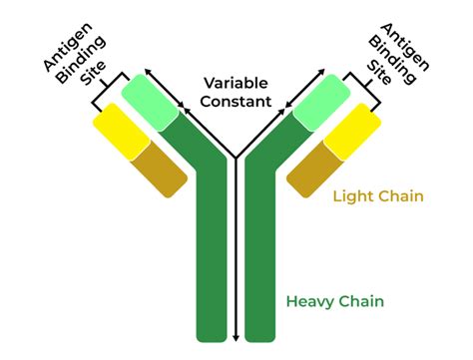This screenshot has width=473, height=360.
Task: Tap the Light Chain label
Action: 379,196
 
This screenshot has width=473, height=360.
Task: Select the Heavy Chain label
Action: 335,300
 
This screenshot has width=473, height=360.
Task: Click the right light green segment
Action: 321,99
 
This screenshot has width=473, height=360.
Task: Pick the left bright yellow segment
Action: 119,131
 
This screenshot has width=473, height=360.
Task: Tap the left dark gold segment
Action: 160,167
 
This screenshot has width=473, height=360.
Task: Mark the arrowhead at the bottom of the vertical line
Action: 235,337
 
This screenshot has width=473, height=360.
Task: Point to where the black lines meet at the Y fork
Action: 235,158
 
